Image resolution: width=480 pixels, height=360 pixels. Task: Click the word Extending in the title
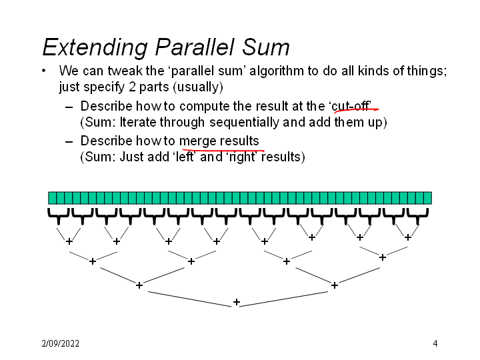[95, 47]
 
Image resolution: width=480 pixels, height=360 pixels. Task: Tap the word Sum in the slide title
[266, 47]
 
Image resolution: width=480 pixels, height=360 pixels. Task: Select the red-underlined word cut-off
[351, 106]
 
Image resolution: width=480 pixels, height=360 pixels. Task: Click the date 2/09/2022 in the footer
[60, 343]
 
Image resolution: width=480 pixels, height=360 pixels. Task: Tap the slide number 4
[435, 343]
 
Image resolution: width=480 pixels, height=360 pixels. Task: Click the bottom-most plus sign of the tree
[236, 302]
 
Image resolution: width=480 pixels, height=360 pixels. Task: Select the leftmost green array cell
[53, 198]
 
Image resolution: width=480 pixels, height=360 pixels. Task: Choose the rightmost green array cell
[427, 198]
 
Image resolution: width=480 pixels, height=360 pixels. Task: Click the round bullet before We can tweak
[44, 71]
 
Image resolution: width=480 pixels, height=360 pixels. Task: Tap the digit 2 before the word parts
[132, 87]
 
